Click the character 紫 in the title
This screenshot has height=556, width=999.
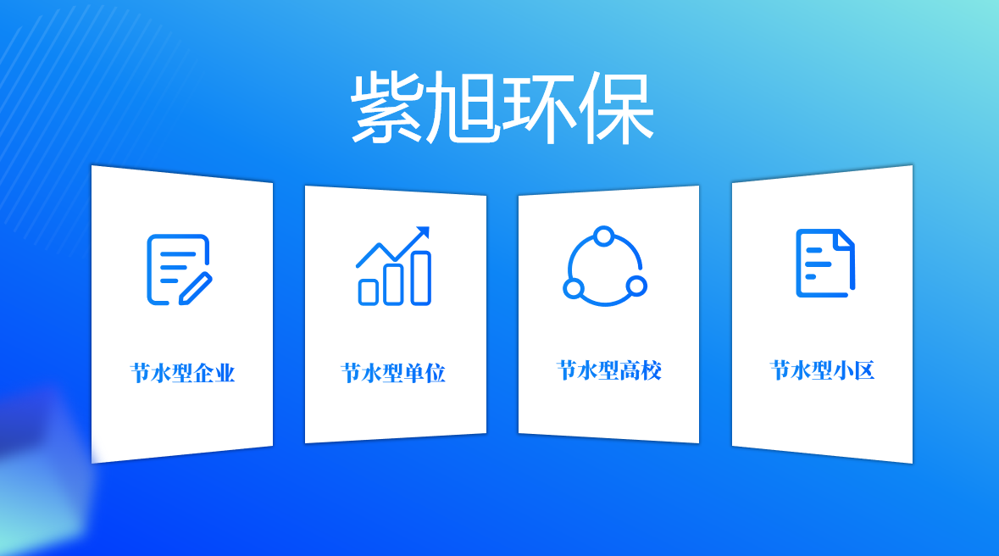387,108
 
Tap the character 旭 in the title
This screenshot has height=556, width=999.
463,108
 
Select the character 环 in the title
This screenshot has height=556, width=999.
539,108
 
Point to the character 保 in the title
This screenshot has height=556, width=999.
616,108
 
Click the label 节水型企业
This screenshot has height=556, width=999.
182,374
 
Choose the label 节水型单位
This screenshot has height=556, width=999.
393,374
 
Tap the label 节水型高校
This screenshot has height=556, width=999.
608,370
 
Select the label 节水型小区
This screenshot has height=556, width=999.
822,370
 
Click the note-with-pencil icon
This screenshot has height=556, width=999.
179,269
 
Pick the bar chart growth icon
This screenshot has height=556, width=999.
394,266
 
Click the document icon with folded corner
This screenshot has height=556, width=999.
824,263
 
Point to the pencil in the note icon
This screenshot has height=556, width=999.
196,288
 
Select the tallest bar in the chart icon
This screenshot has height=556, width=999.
420,278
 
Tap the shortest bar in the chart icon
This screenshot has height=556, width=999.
369,292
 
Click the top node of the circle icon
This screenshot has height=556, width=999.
604,235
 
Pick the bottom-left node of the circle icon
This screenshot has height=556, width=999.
574,289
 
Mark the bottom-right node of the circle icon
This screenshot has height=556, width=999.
636,286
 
